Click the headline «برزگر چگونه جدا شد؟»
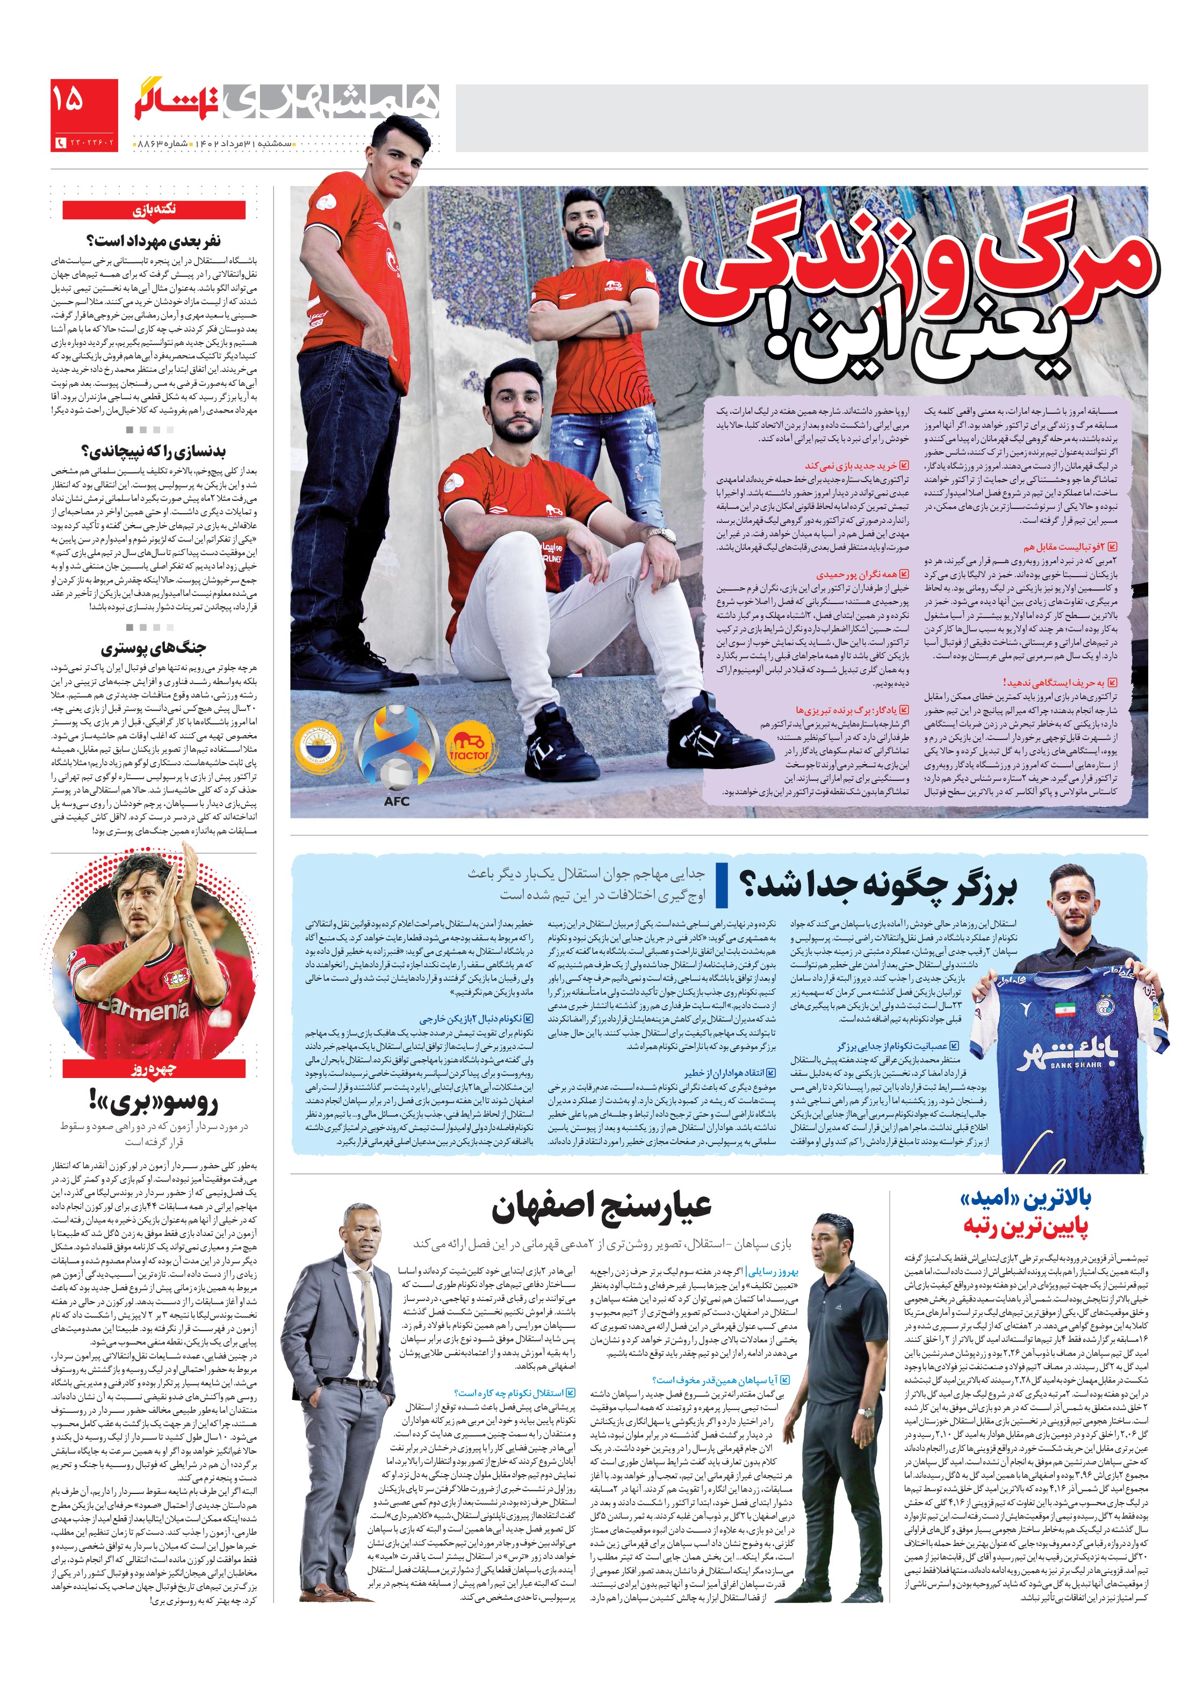point(879,885)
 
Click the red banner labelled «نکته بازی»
point(153,210)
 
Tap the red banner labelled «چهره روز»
point(153,1068)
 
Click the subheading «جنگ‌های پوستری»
point(153,648)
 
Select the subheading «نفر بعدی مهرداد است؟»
point(153,241)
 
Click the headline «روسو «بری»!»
point(153,1101)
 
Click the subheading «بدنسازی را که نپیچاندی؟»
point(153,450)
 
